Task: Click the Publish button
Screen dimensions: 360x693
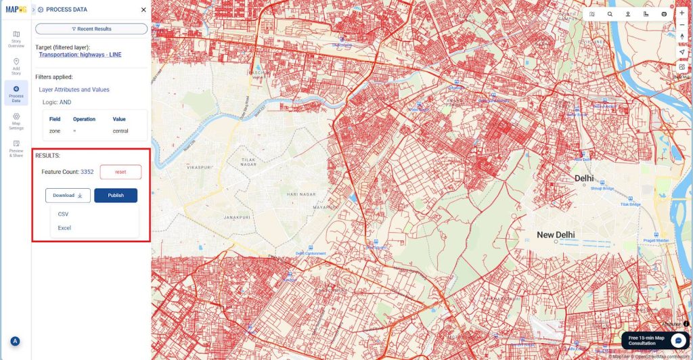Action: click(x=116, y=196)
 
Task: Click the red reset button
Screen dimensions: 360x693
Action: click(x=120, y=172)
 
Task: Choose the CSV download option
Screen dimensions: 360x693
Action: click(x=63, y=215)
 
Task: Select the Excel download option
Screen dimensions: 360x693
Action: click(x=64, y=228)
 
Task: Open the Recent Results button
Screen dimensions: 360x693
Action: click(x=91, y=29)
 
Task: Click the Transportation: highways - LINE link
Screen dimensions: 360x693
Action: click(x=80, y=55)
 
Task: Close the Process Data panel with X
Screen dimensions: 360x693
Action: click(x=143, y=10)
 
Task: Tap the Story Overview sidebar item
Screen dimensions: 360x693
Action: click(x=16, y=39)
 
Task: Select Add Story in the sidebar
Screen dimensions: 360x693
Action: click(x=16, y=66)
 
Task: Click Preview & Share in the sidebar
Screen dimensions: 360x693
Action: click(x=16, y=149)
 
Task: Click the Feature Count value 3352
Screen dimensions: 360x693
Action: click(x=87, y=172)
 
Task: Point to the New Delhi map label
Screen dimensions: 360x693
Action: click(x=556, y=235)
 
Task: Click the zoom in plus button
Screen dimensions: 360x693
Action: click(x=681, y=13)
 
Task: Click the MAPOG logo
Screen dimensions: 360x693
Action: click(x=15, y=9)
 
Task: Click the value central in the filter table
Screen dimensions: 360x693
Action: click(x=120, y=131)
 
